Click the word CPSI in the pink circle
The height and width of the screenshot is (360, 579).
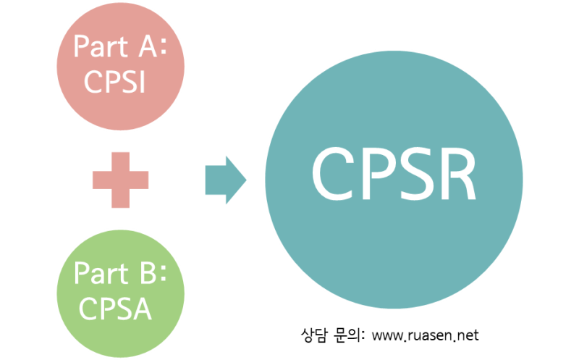tap(115, 82)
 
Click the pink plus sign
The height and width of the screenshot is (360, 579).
tap(120, 179)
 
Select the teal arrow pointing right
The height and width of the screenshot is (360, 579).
tap(225, 179)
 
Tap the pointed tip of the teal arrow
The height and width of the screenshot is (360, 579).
tap(245, 179)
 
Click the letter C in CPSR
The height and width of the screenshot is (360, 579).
tap(331, 175)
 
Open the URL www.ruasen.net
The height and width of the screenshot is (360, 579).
tap(426, 336)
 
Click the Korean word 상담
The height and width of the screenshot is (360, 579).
tap(313, 335)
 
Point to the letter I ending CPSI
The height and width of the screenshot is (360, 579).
tap(142, 82)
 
